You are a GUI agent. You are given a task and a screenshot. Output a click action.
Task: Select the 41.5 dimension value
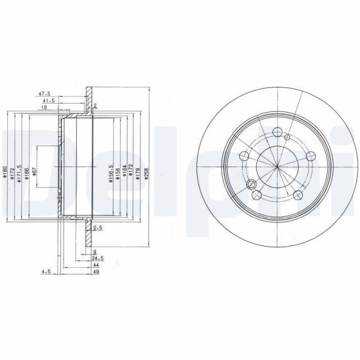[x=49, y=101]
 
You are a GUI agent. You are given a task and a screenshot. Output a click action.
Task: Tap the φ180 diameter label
[x=5, y=174]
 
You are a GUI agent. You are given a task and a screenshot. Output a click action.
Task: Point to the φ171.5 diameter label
[x=20, y=174]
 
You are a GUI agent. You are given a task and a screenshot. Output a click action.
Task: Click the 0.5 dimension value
[x=98, y=227]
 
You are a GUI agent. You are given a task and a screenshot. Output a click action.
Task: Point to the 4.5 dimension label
[x=44, y=272]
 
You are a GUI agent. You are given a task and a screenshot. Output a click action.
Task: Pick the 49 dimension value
[x=96, y=272]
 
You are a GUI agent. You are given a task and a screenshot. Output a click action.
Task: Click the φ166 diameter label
[x=28, y=174]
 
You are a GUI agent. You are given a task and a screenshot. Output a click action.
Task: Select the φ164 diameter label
[x=124, y=173]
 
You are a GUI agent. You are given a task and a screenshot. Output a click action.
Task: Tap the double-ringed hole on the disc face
[x=252, y=184]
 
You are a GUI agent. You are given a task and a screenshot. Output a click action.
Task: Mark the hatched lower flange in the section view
[x=89, y=226]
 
